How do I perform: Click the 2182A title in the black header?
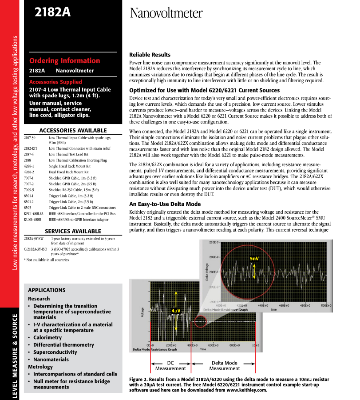pos(53,12)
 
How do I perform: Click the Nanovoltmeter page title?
pos(166,13)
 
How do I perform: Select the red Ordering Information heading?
pos(65,61)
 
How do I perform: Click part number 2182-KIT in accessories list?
pos(31,148)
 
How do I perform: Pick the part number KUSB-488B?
pos(32,219)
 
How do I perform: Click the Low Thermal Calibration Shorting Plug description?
pos(78,160)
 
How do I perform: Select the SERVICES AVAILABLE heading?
pos(73,231)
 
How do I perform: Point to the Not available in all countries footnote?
pos(46,260)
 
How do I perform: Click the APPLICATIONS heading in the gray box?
pos(47,290)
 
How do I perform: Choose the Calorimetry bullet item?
pos(47,338)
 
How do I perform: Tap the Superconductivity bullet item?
pos(55,352)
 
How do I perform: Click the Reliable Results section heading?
pos(150,55)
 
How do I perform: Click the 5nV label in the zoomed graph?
pos(254,258)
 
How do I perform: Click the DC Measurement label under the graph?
pos(170,366)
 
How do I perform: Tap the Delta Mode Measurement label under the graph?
pos(224,366)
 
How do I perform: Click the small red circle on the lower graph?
pos(201,321)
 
